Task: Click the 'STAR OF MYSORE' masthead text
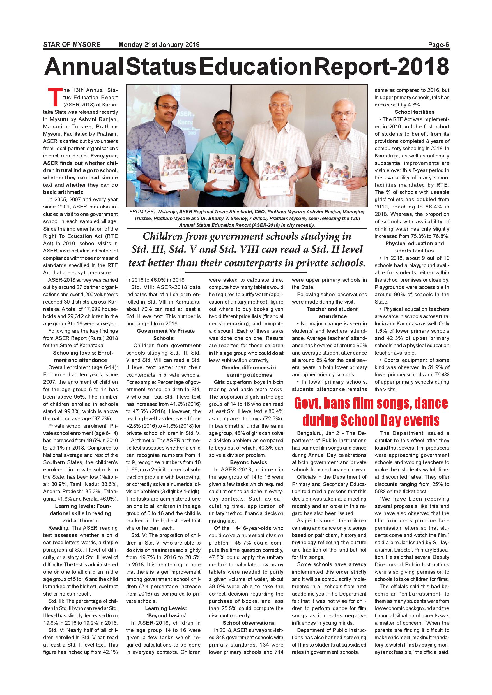point(72,45)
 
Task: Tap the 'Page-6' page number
point(438,45)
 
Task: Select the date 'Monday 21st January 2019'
point(159,45)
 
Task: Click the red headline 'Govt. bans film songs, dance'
point(371,404)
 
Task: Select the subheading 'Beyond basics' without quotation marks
point(249,462)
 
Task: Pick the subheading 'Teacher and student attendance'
point(332,312)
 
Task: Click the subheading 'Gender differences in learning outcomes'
point(249,371)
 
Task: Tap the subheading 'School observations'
point(249,623)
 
